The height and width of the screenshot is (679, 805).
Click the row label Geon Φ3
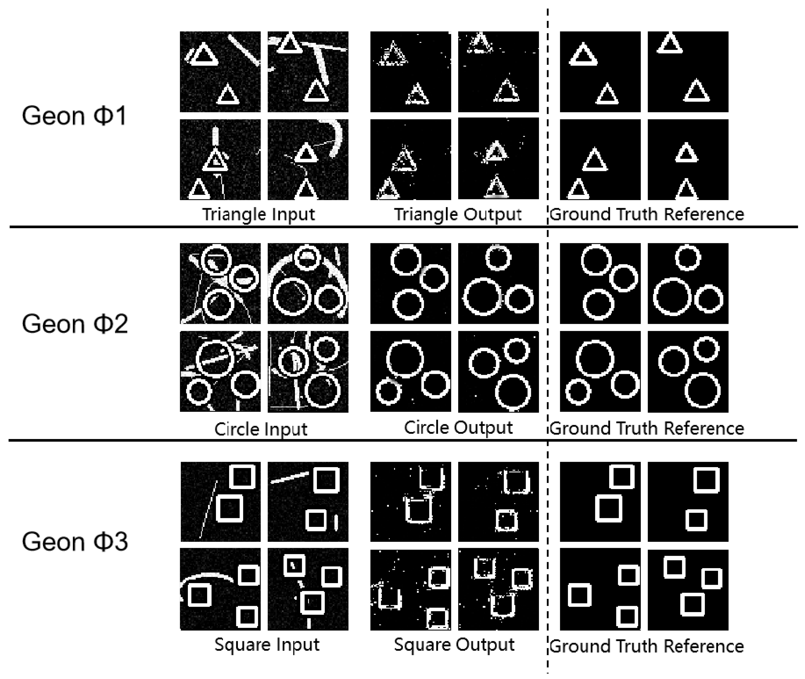75,542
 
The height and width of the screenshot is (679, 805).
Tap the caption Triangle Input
259,214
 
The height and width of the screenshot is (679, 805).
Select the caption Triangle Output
458,214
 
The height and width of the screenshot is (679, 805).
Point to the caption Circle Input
261,429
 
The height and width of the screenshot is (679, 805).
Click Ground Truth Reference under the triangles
647,214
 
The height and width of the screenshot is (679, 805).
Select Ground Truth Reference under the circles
647,428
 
